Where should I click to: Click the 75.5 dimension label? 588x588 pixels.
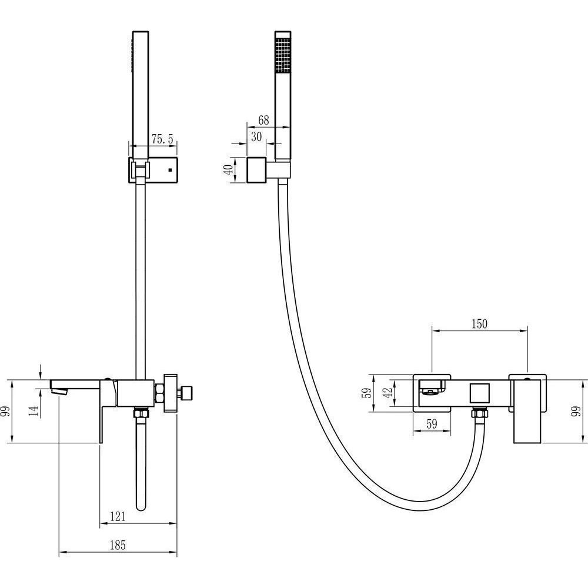point(162,139)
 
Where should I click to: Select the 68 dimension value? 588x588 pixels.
point(263,120)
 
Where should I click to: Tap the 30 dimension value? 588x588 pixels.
point(256,136)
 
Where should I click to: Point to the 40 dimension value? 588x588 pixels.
point(229,169)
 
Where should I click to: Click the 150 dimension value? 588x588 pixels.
point(479,323)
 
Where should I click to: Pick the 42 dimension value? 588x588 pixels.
point(388,392)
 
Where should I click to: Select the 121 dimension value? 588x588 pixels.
point(118,516)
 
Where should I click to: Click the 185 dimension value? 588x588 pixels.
point(118,545)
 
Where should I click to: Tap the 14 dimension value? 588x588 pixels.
point(34,410)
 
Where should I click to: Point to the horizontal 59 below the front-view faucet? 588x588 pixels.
point(432,424)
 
